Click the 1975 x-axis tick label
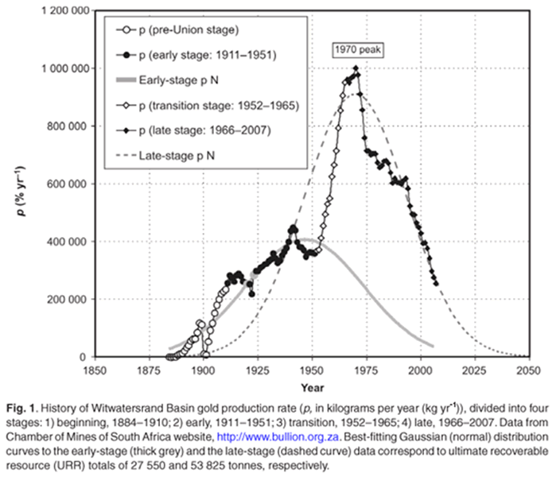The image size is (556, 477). coord(363,370)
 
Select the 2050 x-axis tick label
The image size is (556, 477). coord(525,370)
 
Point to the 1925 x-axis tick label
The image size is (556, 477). coord(256,370)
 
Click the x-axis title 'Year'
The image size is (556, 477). coord(311,386)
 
